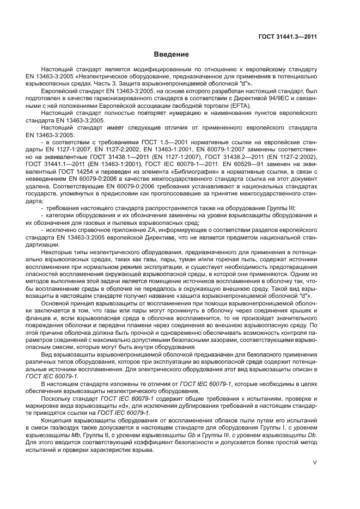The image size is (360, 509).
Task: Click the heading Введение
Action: coord(170,55)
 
